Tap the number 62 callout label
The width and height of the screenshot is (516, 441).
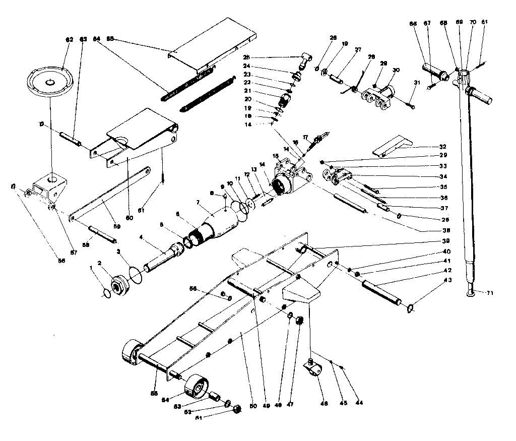[69, 39]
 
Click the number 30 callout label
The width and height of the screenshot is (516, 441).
[396, 69]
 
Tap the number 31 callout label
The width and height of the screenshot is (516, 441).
[416, 83]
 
